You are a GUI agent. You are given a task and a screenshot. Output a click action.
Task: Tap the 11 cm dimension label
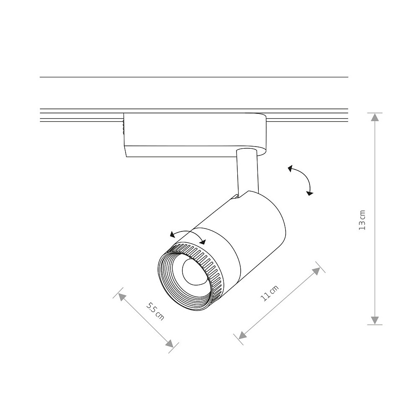pyautogui.click(x=270, y=293)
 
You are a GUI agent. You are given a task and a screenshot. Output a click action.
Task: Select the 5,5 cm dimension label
pyautogui.click(x=155, y=311)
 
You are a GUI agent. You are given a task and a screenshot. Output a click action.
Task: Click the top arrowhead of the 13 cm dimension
pyautogui.click(x=375, y=117)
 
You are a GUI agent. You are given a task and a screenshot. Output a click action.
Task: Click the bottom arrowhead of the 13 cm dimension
pyautogui.click(x=375, y=320)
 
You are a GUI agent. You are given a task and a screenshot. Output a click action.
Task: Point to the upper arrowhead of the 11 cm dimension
pyautogui.click(x=317, y=270)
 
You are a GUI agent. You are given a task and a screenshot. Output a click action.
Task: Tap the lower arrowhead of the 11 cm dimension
pyautogui.click(x=242, y=335)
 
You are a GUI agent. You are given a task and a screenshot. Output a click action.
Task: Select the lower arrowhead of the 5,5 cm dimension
pyautogui.click(x=170, y=344)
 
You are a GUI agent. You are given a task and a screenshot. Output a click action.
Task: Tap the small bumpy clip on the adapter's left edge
pyautogui.click(x=123, y=127)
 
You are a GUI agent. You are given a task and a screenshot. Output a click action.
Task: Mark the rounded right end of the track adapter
pyautogui.click(x=262, y=134)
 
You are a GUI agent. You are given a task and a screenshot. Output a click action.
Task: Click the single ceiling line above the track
pyautogui.click(x=194, y=77)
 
